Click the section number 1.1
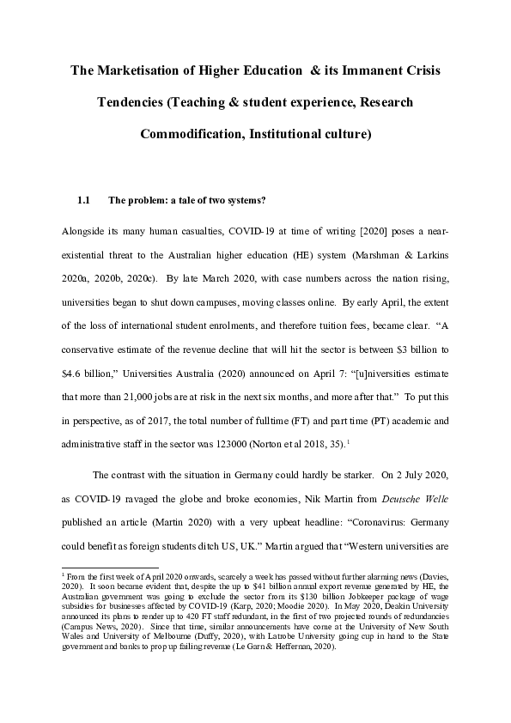tap(84, 202)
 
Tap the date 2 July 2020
tap(429, 475)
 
